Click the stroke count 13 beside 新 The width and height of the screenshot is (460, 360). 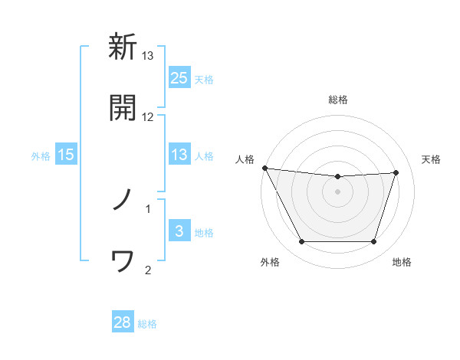point(148,56)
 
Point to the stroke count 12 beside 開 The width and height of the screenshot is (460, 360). point(148,116)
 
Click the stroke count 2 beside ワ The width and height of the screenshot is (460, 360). point(148,270)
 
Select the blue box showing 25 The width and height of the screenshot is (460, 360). point(179,78)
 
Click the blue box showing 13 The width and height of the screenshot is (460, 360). point(179,155)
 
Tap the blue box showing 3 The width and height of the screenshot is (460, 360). point(179,231)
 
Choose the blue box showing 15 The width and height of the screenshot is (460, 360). point(66,155)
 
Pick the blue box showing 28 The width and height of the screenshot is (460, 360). point(123,322)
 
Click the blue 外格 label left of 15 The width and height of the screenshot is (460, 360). point(41,155)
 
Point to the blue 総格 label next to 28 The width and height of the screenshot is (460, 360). point(147,323)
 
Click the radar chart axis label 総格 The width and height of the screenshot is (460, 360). point(338,100)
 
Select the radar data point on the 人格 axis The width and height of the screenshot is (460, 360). point(264,168)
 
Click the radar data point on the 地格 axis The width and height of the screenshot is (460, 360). point(373,242)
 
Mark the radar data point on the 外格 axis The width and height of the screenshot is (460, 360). point(301,242)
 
